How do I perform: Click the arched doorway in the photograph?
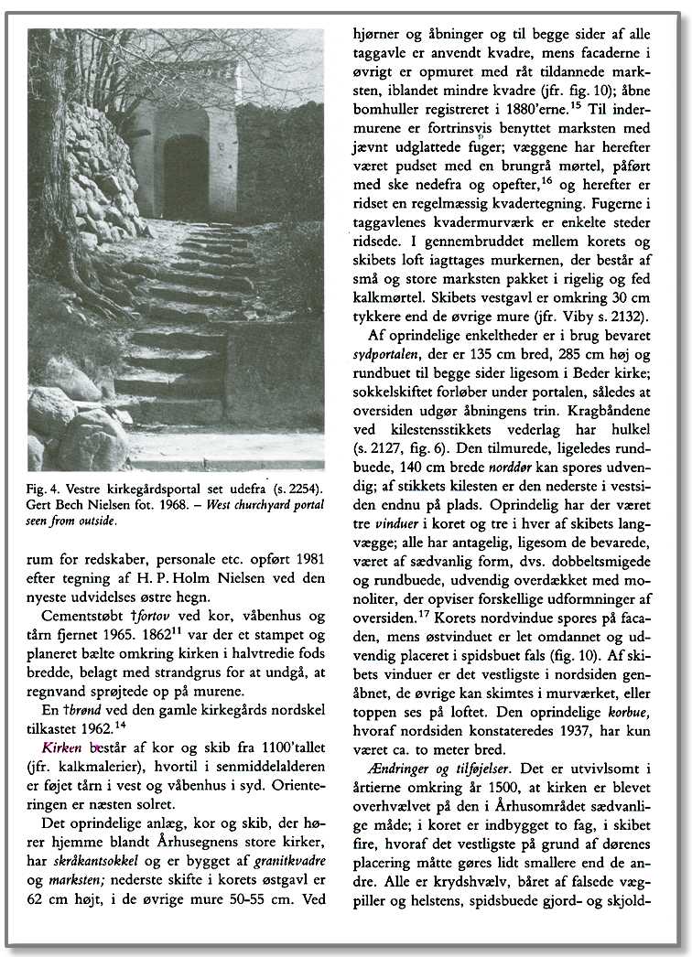pyautogui.click(x=186, y=176)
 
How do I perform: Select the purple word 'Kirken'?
pyautogui.click(x=49, y=747)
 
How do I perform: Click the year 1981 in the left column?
pyautogui.click(x=307, y=558)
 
